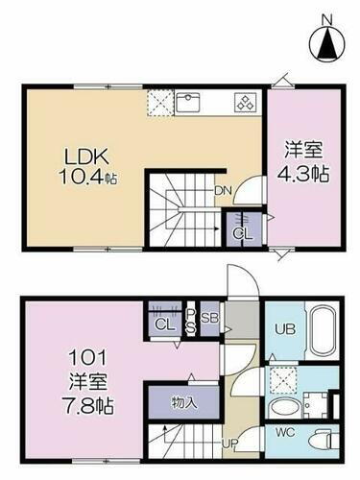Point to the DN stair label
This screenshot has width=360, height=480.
click(221, 190)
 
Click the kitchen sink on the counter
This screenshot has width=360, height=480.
click(187, 100)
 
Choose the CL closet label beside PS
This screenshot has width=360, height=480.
click(164, 324)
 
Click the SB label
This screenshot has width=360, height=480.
click(210, 318)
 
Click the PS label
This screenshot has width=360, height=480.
click(191, 319)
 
